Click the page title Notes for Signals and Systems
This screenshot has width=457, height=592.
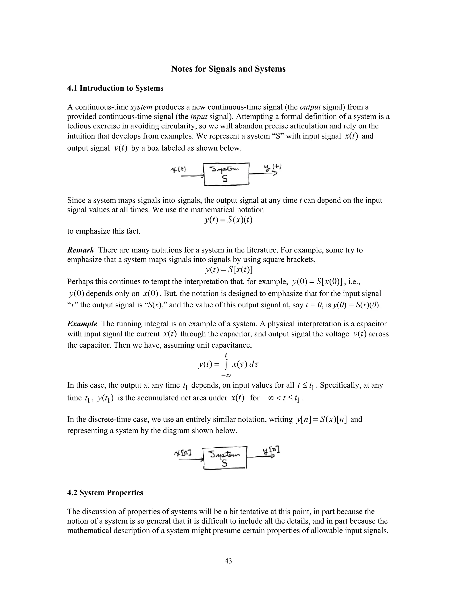(228, 69)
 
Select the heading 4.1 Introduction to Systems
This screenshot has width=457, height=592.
(115, 88)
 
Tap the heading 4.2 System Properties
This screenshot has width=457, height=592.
(105, 493)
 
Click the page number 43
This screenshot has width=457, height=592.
(228, 561)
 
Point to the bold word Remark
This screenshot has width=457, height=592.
(80, 250)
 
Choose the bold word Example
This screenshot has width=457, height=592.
(82, 324)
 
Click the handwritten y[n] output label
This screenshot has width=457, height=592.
(271, 451)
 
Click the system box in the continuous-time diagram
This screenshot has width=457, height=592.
(226, 174)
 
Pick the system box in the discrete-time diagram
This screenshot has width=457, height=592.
(225, 458)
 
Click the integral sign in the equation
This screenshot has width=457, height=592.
(226, 365)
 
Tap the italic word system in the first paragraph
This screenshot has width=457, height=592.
(141, 107)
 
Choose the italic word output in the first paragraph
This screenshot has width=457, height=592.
(310, 107)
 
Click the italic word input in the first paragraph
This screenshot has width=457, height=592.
(199, 117)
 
